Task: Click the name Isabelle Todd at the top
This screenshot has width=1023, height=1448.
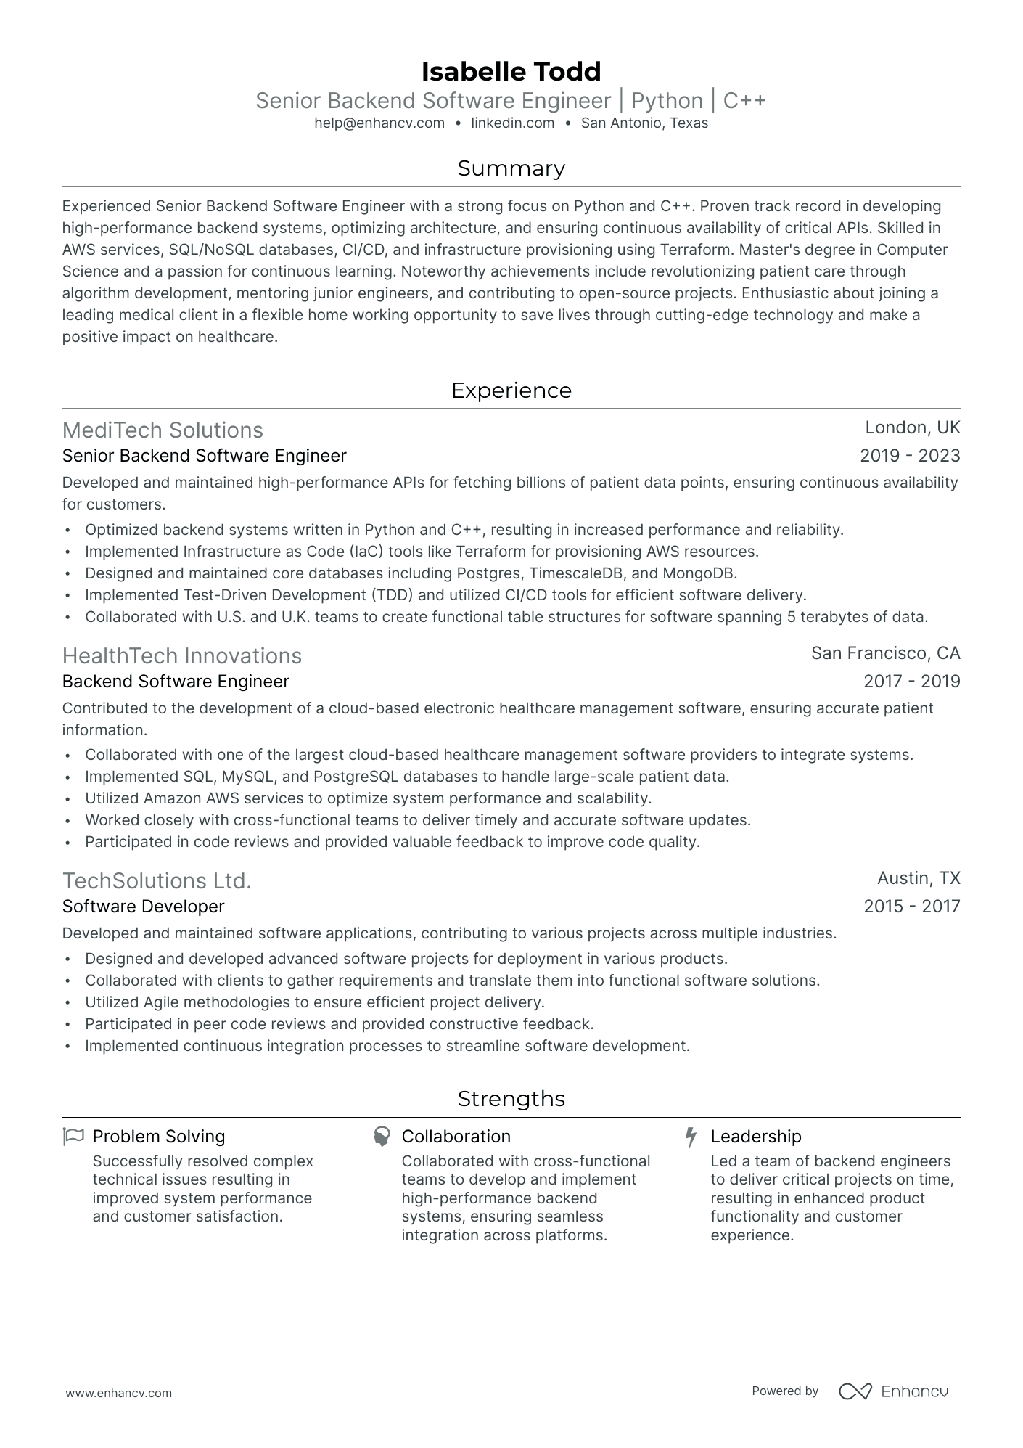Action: [x=511, y=71]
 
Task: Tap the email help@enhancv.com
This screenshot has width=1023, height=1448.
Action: [x=379, y=123]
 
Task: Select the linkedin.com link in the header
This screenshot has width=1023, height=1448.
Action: [x=512, y=123]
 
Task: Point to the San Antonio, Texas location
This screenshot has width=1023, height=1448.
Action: [x=644, y=123]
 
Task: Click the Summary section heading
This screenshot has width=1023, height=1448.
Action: [x=511, y=168]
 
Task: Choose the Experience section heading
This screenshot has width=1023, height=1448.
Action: [x=511, y=390]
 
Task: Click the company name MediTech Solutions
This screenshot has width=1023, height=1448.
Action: [x=163, y=430]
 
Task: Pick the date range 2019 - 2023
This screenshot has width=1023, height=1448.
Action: [x=909, y=456]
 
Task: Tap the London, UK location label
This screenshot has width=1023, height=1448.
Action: [x=912, y=428]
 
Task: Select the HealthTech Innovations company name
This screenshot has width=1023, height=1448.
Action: [x=181, y=656]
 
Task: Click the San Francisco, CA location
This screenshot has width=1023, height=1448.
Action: [x=885, y=653]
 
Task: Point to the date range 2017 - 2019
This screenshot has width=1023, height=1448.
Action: [x=911, y=682]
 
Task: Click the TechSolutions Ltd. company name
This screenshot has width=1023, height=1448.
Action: [x=157, y=881]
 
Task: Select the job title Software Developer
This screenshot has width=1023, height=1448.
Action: [x=143, y=907]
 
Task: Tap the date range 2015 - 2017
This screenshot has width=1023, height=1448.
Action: [x=911, y=907]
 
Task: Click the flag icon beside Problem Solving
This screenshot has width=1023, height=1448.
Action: [x=73, y=1137]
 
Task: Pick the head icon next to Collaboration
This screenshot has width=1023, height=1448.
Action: [x=382, y=1137]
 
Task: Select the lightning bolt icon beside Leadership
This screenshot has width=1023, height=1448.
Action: [x=691, y=1137]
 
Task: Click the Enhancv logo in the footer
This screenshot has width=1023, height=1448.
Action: [x=893, y=1391]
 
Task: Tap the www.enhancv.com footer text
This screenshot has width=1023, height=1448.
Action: [x=118, y=1393]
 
